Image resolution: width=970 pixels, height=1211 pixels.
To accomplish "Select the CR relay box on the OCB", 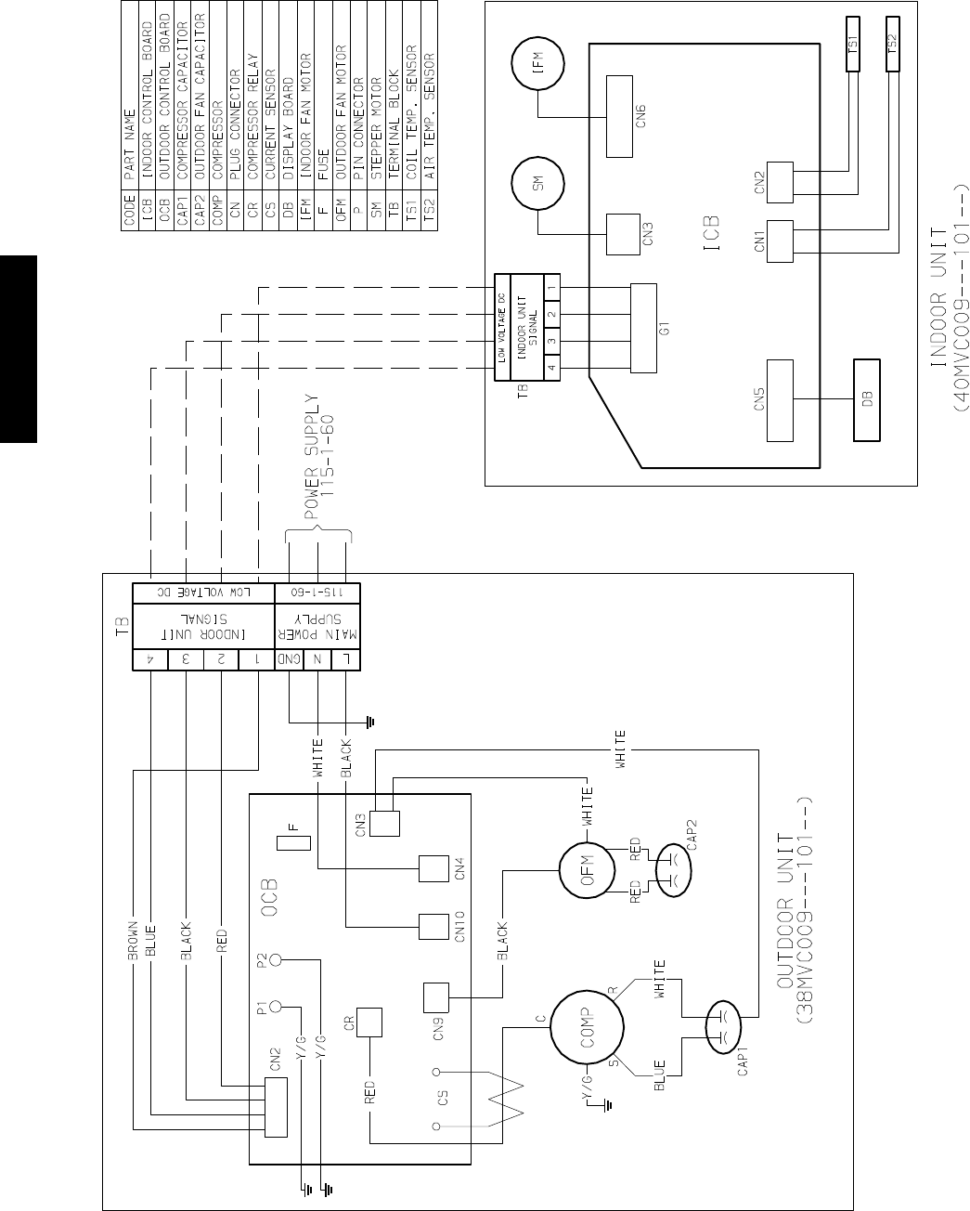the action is click(x=369, y=1022).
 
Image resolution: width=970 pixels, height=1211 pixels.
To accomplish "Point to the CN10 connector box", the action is click(x=434, y=928).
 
